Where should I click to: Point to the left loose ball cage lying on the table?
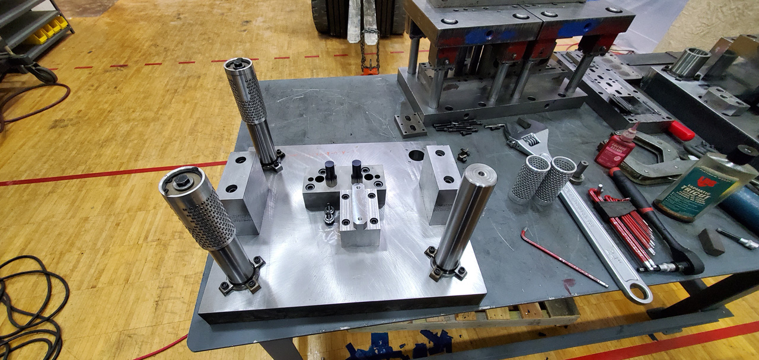click(528, 178)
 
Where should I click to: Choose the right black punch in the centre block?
click(356, 171)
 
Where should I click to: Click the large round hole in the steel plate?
click(416, 156)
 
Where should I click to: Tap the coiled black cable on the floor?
click(30, 308)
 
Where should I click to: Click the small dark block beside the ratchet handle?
click(710, 241)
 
